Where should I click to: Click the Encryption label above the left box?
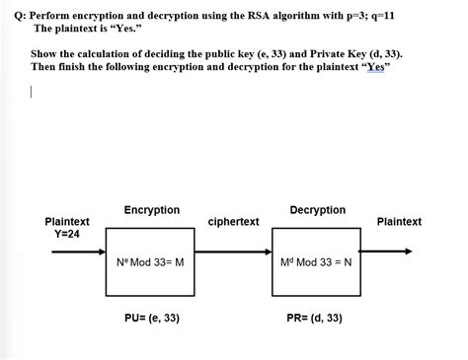click(151, 210)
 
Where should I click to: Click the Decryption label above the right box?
click(317, 210)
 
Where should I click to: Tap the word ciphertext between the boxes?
click(234, 222)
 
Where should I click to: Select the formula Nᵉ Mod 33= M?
click(151, 264)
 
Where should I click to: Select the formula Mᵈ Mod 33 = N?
click(317, 264)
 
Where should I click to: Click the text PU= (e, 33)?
click(151, 319)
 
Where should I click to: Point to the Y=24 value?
click(67, 234)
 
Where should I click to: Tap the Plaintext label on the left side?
click(67, 222)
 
